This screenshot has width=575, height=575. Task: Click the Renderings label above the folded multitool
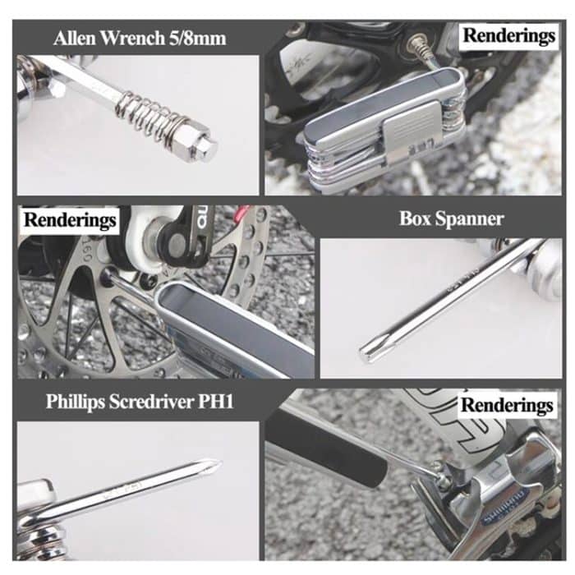[508, 35]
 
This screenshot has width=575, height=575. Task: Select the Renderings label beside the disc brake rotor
[70, 220]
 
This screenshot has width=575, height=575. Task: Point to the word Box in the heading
[416, 219]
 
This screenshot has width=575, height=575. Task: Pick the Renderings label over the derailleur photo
[506, 405]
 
